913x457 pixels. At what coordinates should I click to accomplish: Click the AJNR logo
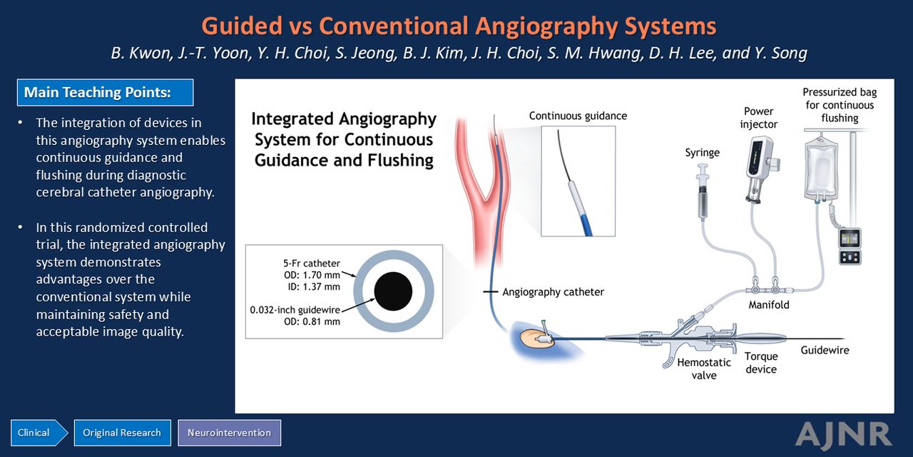click(x=843, y=434)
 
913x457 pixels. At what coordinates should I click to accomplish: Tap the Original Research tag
click(x=122, y=433)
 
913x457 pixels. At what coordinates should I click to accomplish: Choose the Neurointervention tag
click(x=230, y=433)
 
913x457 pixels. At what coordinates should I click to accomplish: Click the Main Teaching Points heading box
click(x=105, y=93)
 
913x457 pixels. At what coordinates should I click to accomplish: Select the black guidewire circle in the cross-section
click(x=393, y=291)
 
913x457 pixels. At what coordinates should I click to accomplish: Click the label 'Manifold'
click(x=769, y=305)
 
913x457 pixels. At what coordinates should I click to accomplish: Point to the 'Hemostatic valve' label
click(x=704, y=368)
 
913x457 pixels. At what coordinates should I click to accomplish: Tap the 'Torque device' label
click(x=761, y=362)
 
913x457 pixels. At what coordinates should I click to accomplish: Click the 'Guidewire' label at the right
click(x=825, y=350)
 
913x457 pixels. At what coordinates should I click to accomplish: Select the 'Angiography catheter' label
click(x=553, y=292)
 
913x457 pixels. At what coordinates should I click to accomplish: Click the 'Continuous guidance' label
click(x=578, y=116)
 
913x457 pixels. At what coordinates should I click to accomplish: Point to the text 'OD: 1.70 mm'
click(x=312, y=275)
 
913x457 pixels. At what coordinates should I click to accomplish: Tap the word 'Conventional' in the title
click(x=393, y=26)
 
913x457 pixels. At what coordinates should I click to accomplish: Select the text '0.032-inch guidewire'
click(x=295, y=310)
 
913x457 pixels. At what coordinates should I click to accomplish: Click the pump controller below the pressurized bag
click(x=850, y=246)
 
